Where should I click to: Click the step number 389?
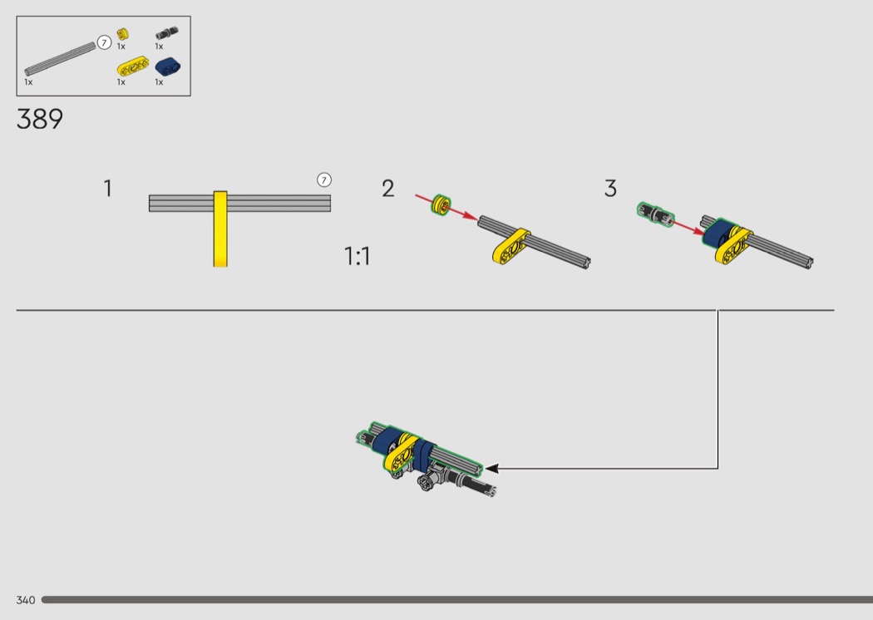(x=40, y=119)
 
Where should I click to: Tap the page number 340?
(x=26, y=600)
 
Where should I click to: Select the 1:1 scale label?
(x=357, y=257)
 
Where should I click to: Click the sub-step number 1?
(x=108, y=189)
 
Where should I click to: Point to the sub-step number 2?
(x=388, y=189)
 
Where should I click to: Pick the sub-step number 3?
(x=611, y=189)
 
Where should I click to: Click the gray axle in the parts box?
(x=60, y=59)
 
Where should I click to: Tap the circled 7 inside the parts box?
(x=104, y=43)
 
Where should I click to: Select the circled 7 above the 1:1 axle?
(x=324, y=180)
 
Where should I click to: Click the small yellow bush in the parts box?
(x=122, y=35)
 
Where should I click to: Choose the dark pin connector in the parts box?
(x=166, y=33)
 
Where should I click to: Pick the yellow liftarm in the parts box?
(x=133, y=66)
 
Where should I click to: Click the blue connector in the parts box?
(x=168, y=66)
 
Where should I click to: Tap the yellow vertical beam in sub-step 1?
(x=220, y=229)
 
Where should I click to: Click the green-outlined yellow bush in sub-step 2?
(x=441, y=204)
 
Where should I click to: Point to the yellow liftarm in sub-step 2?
(x=511, y=246)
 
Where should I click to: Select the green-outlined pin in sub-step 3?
(x=655, y=214)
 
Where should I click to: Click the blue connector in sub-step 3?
(x=719, y=234)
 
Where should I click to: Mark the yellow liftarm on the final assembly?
(x=401, y=453)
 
